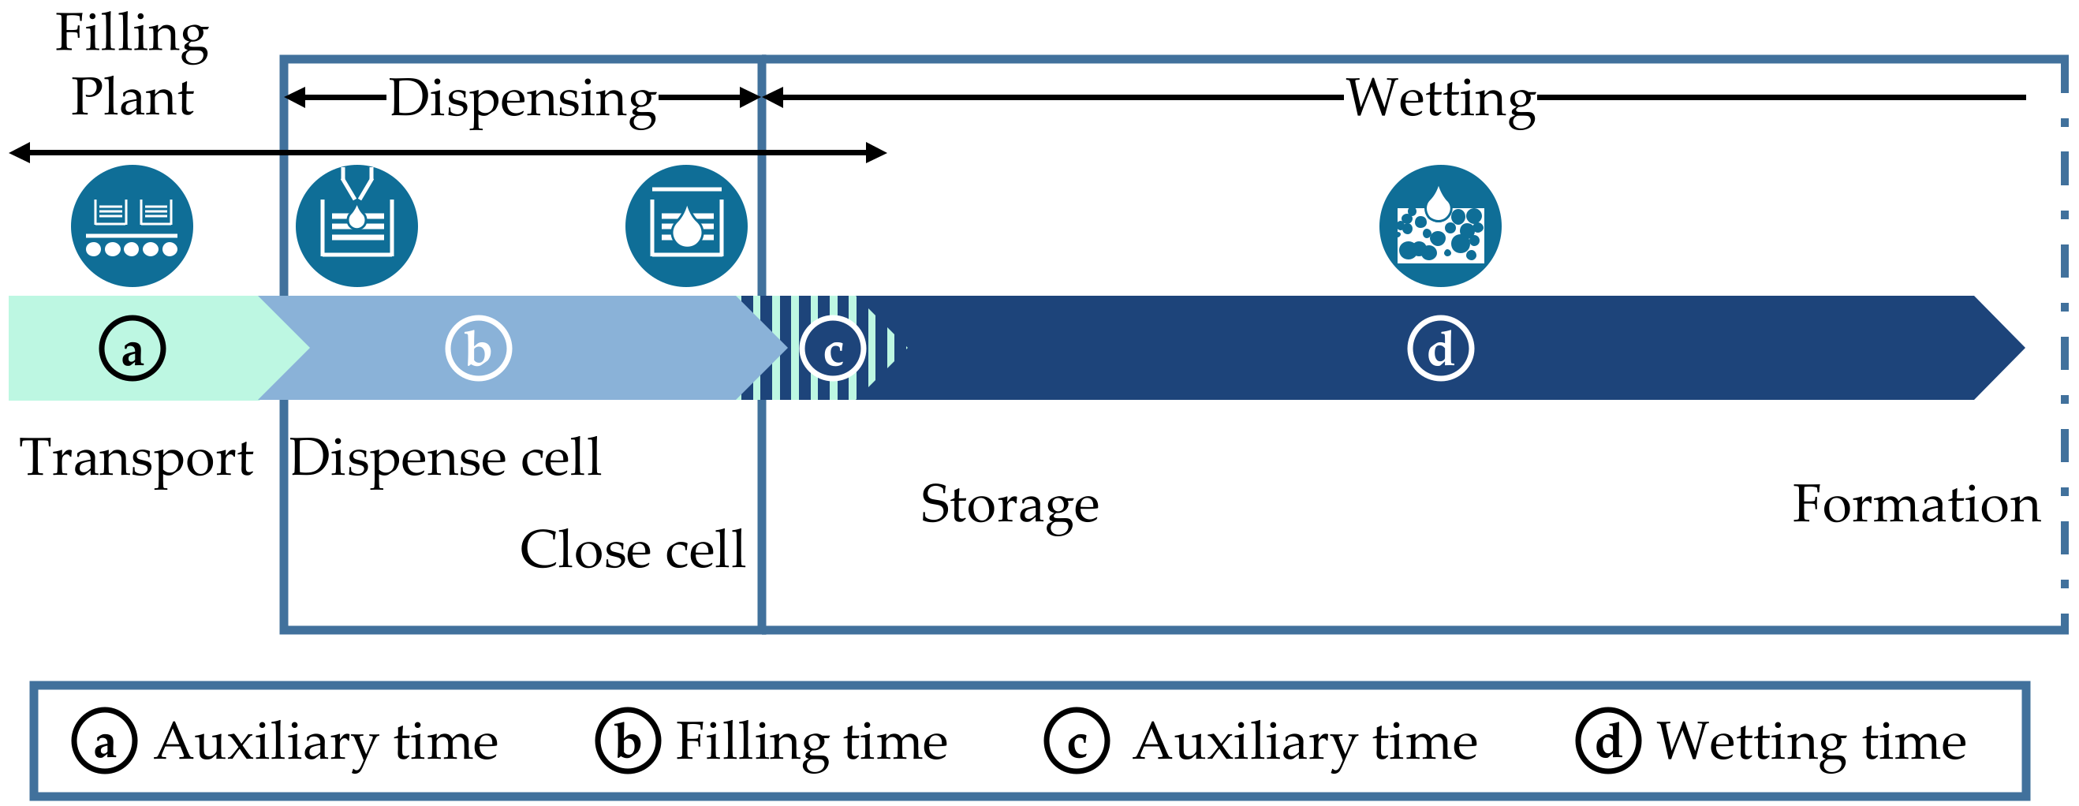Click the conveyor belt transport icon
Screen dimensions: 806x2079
(x=132, y=225)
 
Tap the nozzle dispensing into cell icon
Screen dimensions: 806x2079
(x=356, y=225)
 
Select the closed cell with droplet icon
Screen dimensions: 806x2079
(x=686, y=225)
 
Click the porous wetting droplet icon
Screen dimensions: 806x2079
(x=1440, y=225)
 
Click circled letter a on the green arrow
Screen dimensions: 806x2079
(x=133, y=349)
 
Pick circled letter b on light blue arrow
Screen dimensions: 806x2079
(x=479, y=349)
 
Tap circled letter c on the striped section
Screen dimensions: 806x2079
(x=833, y=349)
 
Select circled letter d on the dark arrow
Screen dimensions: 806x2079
(x=1441, y=349)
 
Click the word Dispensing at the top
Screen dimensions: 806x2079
(x=523, y=99)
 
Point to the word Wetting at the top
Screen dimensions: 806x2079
(x=1441, y=99)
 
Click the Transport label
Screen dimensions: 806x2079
(x=136, y=457)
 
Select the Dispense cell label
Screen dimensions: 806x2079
(x=446, y=457)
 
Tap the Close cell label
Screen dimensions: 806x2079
(x=633, y=550)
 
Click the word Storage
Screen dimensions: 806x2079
(x=1009, y=504)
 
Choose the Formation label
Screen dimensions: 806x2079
(x=1916, y=504)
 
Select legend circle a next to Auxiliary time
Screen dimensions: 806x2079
(x=104, y=741)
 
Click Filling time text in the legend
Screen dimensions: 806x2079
(x=811, y=741)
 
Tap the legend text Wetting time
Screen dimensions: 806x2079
(x=1811, y=741)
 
